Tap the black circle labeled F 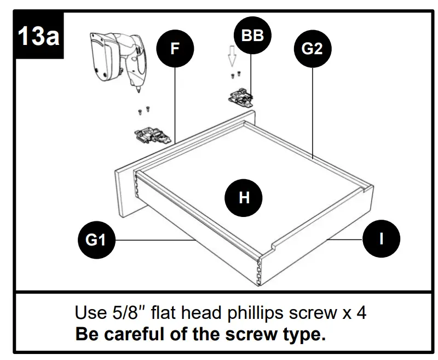175,49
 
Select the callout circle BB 252,37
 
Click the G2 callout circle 312,49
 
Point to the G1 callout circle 96,239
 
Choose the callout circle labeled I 381,238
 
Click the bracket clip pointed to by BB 241,98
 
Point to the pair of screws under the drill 144,111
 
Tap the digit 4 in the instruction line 361,313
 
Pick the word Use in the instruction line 87,313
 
